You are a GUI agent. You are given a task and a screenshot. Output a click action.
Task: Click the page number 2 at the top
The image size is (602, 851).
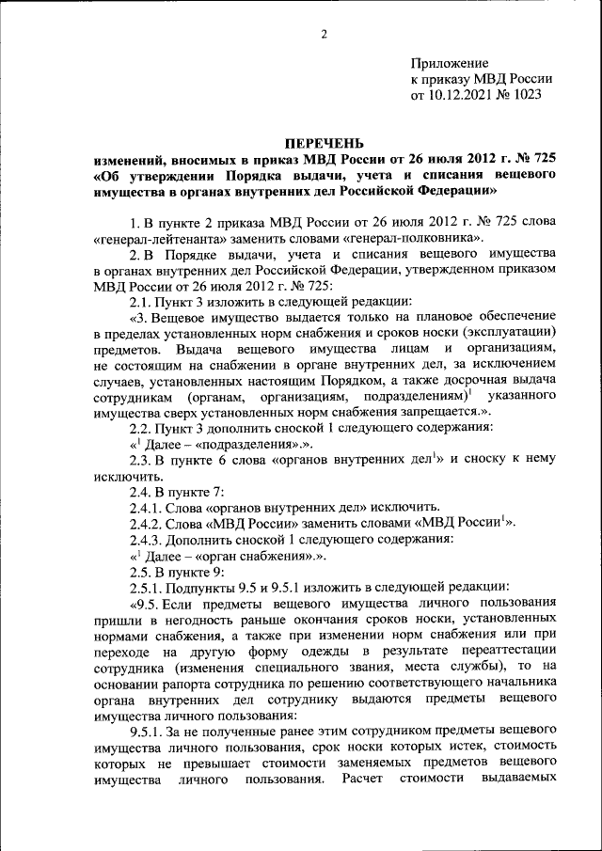tap(323, 35)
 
